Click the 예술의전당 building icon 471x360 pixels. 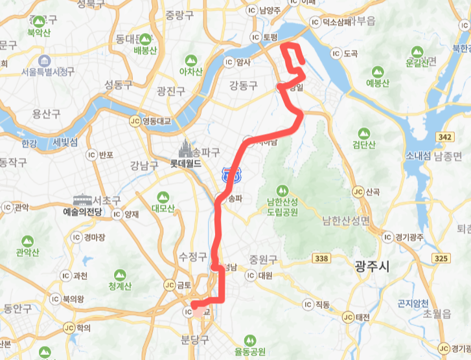[83, 199]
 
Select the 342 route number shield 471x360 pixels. [444, 138]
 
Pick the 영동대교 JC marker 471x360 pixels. [135, 120]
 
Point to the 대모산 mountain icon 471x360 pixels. [161, 196]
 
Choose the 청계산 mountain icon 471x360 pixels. [120, 275]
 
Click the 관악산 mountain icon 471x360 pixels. [27, 241]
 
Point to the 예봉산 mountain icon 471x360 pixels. [377, 71]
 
